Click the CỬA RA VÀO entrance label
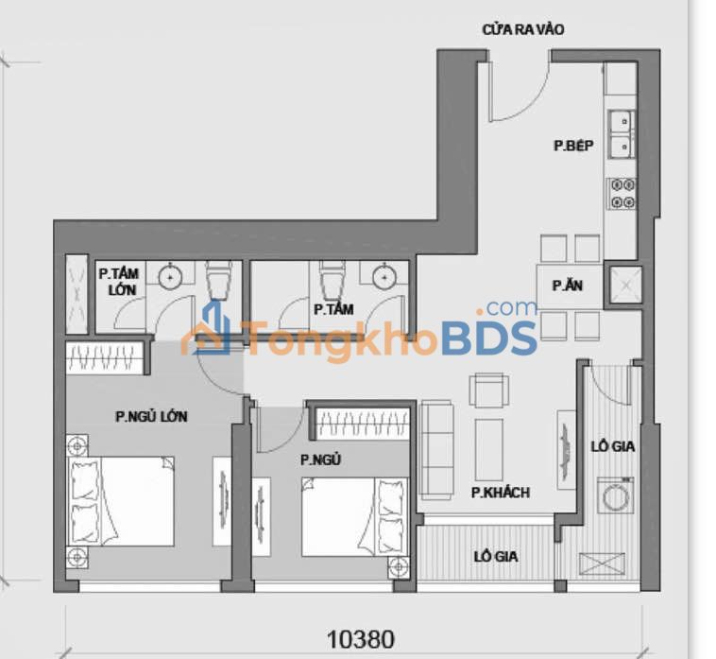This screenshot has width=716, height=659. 522,29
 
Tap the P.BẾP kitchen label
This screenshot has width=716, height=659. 572,146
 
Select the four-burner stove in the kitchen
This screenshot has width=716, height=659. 622,192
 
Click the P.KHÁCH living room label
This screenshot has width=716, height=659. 500,493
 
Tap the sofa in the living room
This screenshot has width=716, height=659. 436,449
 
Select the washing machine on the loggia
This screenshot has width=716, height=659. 617,494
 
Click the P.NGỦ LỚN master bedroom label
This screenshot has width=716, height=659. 152,415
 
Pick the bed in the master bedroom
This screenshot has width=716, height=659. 123,501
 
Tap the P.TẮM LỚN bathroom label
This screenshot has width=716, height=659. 119,281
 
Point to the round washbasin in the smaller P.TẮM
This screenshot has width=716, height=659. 384,277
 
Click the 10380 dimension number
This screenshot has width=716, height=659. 360,639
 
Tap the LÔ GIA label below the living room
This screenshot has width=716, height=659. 495,557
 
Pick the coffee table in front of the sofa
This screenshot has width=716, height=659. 488,449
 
